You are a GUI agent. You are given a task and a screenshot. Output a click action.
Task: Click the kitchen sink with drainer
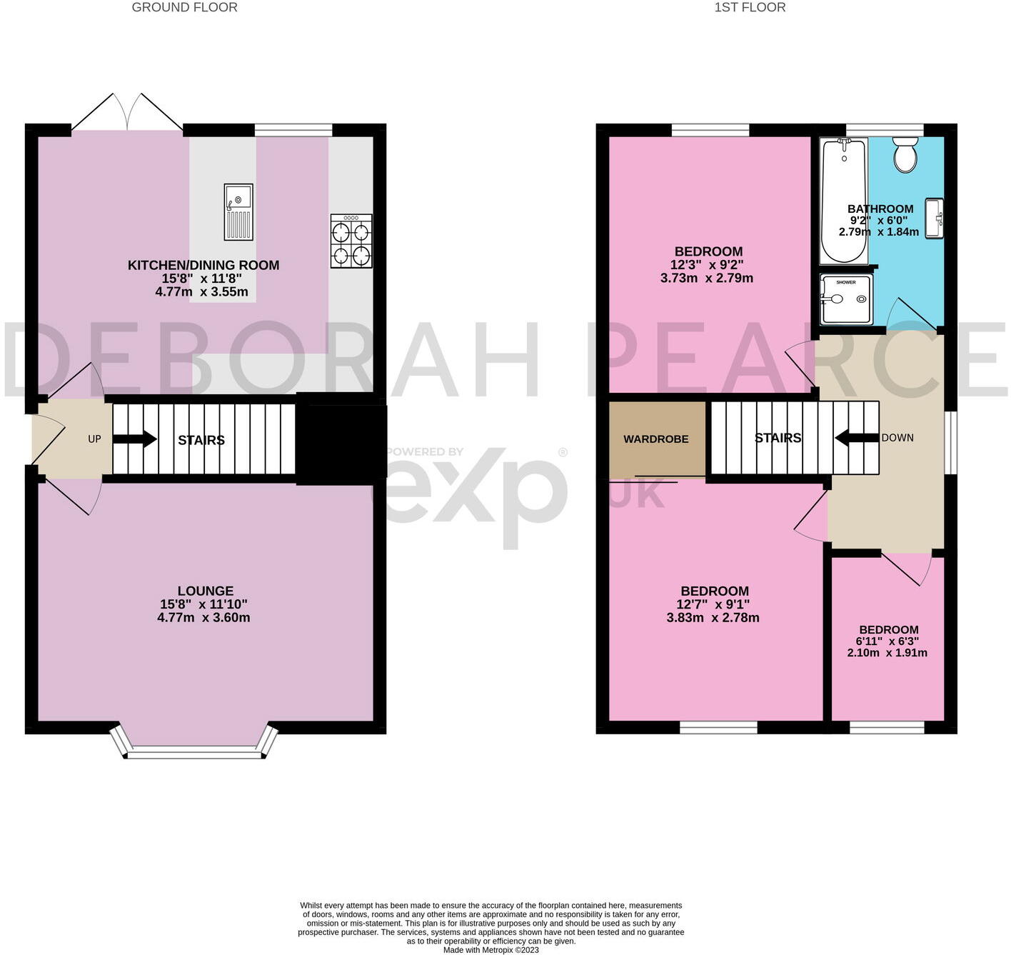[238, 212]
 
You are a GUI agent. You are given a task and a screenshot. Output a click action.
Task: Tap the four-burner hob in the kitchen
[351, 241]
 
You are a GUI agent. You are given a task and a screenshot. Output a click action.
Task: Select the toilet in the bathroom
[905, 154]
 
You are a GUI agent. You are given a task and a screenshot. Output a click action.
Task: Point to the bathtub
[843, 201]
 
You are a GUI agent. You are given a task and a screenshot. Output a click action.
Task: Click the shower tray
[846, 299]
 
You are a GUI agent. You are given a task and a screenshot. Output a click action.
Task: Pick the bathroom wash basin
[934, 218]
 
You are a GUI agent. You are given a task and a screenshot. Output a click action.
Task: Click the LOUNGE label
[205, 591]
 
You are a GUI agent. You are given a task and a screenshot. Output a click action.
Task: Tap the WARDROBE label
[655, 439]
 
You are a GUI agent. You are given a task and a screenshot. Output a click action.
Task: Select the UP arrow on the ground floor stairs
[134, 439]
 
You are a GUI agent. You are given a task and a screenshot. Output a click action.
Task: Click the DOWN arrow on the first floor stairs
[857, 438]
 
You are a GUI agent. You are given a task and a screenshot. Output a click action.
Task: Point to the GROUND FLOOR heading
[184, 7]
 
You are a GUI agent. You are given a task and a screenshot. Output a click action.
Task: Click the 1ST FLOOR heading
[750, 7]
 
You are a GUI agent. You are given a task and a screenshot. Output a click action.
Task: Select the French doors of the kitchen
[127, 112]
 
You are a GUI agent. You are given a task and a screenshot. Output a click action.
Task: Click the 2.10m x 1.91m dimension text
[887, 652]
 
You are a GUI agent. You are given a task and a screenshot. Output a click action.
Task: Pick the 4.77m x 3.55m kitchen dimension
[201, 292]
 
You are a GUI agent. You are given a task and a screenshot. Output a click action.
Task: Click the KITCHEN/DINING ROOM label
[203, 265]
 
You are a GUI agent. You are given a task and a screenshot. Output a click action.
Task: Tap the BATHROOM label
[880, 209]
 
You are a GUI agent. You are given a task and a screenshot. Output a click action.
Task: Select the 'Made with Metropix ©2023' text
[491, 950]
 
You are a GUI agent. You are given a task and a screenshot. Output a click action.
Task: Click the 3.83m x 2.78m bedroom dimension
[713, 618]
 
